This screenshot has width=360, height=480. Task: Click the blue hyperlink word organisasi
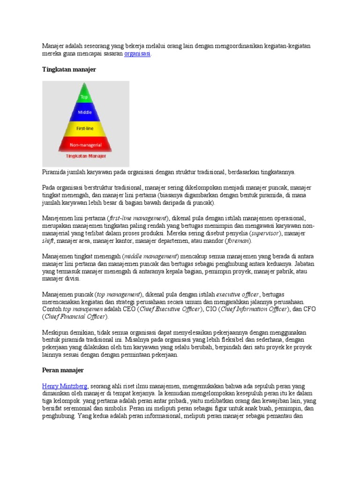tap(137, 54)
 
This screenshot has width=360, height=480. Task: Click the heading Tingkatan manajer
tap(69, 69)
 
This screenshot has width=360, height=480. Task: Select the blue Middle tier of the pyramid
tap(84, 112)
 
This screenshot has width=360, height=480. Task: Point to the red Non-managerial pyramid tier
tap(84, 144)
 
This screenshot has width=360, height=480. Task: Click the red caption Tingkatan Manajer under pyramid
tap(86, 156)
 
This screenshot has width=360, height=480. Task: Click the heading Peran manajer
tap(63, 370)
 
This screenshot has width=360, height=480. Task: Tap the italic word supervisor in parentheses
tap(265, 233)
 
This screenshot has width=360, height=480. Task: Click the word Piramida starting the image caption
tap(56, 172)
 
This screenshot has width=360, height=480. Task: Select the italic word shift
tap(48, 241)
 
